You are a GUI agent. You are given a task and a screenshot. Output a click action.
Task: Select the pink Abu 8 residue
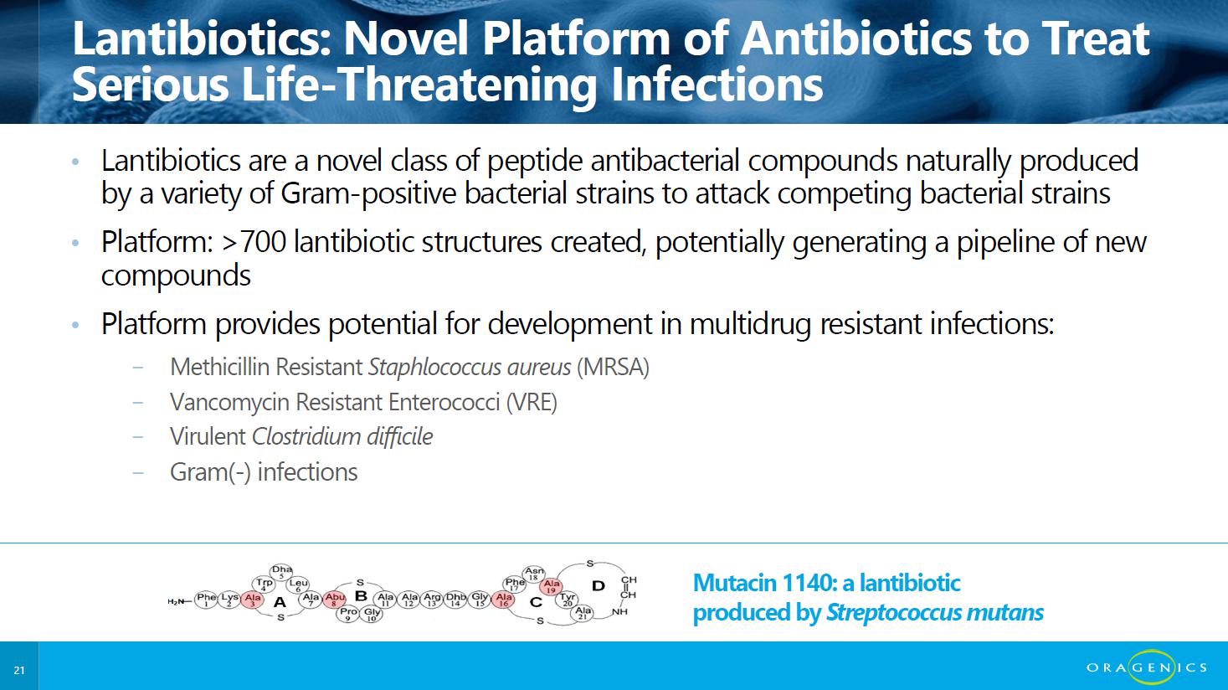[334, 599]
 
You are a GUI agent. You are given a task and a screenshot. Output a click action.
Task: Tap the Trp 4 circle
[264, 584]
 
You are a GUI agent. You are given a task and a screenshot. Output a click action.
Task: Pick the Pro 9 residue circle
[348, 613]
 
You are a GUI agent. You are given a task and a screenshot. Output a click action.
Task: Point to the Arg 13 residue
[432, 600]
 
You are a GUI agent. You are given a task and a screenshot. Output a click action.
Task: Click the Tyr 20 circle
[567, 599]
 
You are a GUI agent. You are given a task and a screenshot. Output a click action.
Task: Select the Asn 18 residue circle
[533, 574]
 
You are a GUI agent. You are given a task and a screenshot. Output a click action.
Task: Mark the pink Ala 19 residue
[551, 586]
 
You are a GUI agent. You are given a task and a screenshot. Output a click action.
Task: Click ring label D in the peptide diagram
[599, 586]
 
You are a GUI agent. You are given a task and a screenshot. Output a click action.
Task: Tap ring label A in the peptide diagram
[280, 602]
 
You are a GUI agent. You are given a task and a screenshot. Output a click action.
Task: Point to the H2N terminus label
[176, 602]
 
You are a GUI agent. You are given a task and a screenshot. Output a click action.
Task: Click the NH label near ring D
[620, 611]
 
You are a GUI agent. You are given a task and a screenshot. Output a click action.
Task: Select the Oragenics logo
[1147, 667]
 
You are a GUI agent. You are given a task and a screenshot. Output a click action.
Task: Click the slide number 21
[19, 670]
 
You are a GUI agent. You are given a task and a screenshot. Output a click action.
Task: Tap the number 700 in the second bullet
[263, 242]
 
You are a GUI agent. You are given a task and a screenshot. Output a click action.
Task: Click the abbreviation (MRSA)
[613, 367]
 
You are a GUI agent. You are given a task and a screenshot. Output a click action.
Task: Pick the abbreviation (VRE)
[532, 402]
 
